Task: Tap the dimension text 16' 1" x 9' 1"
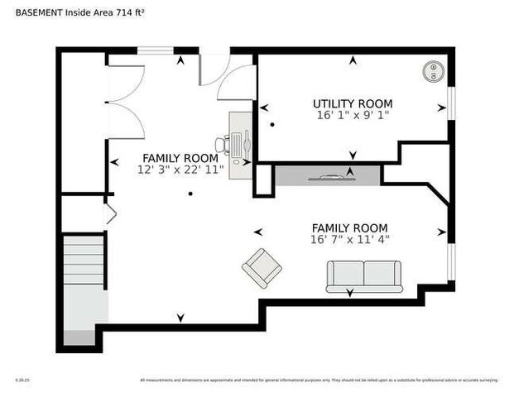[x=353, y=115]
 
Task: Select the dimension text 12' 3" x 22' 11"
[x=180, y=169]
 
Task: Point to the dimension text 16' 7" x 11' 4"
[x=349, y=239]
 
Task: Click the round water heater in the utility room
[x=432, y=71]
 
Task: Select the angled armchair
[x=262, y=267]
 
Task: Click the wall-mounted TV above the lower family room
[x=327, y=175]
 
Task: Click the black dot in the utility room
[x=271, y=124]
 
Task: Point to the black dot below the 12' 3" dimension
[x=190, y=194]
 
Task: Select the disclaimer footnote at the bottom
[x=319, y=380]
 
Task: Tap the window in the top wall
[x=155, y=50]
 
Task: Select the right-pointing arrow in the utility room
[x=440, y=108]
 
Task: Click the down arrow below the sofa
[x=349, y=292]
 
